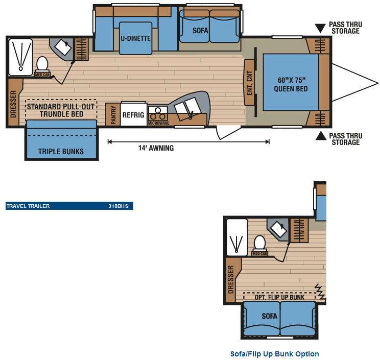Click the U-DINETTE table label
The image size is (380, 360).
pyautogui.click(x=136, y=38)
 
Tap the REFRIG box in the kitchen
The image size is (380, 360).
pyautogui.click(x=133, y=114)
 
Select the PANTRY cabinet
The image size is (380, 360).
pyautogui.click(x=113, y=114)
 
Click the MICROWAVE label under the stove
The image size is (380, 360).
pyautogui.click(x=159, y=123)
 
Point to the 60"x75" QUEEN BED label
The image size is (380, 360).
pyautogui.click(x=291, y=84)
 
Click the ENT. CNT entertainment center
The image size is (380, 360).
pyautogui.click(x=250, y=83)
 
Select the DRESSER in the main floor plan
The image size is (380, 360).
pyautogui.click(x=13, y=103)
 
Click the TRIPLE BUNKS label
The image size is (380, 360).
pyautogui.click(x=61, y=152)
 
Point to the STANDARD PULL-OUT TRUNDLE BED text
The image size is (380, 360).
pyautogui.click(x=61, y=110)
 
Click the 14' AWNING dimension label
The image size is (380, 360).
pyautogui.click(x=156, y=148)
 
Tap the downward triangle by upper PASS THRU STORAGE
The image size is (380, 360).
pyautogui.click(x=320, y=28)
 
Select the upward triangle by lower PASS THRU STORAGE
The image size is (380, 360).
pyautogui.click(x=321, y=136)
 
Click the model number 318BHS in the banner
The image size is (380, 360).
pyautogui.click(x=118, y=206)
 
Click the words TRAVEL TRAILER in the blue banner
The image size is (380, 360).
pyautogui.click(x=28, y=206)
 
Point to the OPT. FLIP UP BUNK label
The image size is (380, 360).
pyautogui.click(x=279, y=297)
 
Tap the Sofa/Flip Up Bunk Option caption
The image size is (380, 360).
pyautogui.click(x=275, y=354)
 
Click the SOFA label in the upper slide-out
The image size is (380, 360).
pyautogui.click(x=200, y=31)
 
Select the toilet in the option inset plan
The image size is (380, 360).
pyautogui.click(x=259, y=244)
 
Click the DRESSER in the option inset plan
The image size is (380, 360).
pyautogui.click(x=231, y=279)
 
